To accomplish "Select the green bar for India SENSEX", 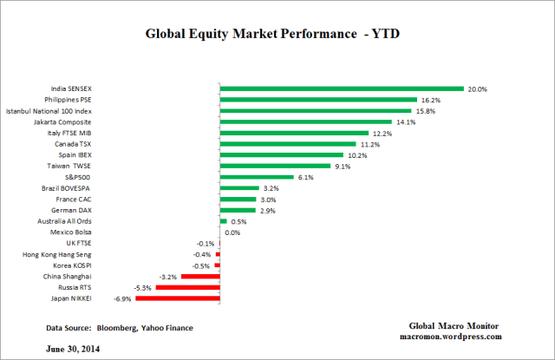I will click(x=342, y=88).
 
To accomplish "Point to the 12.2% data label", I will click(x=384, y=133).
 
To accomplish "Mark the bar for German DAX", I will click(x=238, y=210).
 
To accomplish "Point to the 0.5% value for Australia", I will click(x=239, y=221).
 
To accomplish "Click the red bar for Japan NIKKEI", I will click(x=178, y=298).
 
